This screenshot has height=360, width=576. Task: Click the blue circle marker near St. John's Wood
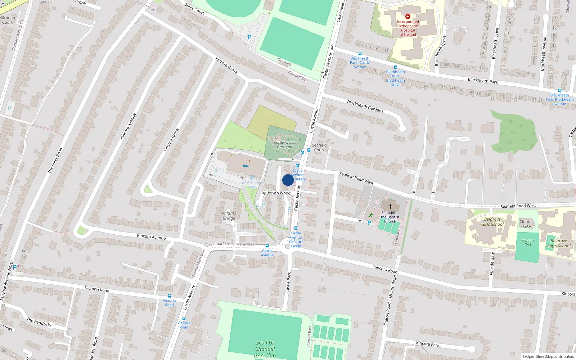tap(288, 180)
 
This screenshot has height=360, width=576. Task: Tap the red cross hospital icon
tap(408, 17)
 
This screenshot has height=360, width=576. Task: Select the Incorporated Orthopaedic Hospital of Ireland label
tap(408, 28)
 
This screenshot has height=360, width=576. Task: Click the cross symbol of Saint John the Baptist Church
tap(390, 207)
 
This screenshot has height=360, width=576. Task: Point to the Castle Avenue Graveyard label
tap(285, 145)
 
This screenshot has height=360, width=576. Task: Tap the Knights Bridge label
tap(229, 215)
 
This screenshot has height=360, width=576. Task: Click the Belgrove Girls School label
tap(492, 222)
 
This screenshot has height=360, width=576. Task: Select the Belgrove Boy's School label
tap(559, 243)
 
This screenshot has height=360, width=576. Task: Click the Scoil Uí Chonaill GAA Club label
tap(265, 349)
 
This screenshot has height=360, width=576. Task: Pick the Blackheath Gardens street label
tap(365, 106)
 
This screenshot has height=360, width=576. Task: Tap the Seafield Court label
tap(319, 148)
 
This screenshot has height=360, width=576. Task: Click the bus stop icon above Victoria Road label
tap(169, 296)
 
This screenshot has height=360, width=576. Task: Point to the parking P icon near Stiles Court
tap(249, 37)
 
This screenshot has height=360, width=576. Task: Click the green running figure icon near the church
tap(370, 215)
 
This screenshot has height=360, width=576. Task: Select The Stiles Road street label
tap(55, 160)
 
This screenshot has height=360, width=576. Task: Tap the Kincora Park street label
tap(428, 344)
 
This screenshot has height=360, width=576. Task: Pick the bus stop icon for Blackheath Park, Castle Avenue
tap(360, 54)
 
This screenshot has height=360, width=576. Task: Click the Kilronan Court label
tap(8, 20)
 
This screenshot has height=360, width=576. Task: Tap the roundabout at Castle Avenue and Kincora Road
tap(287, 247)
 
